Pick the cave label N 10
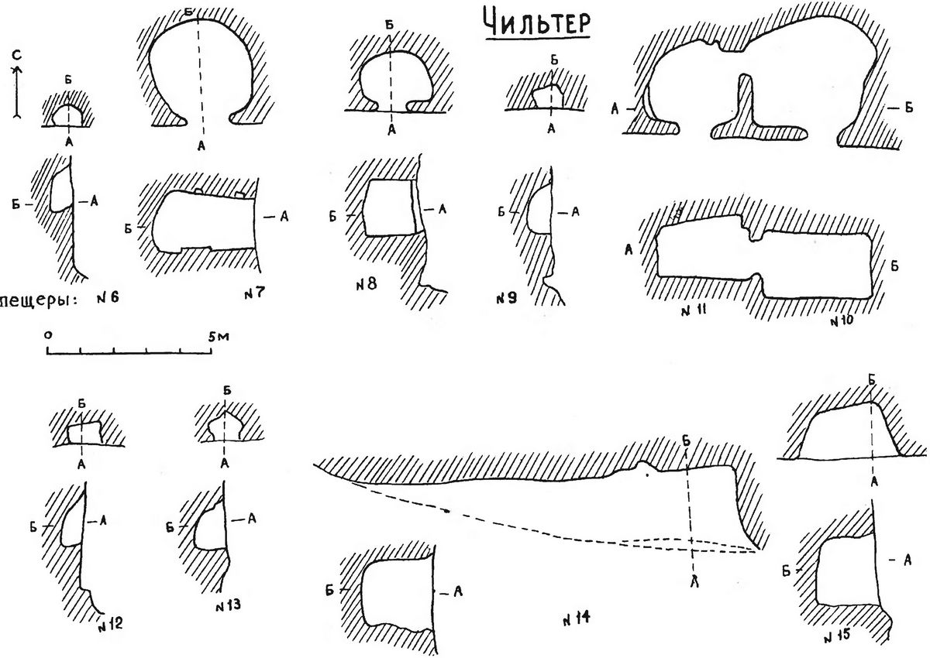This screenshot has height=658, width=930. [x=841, y=320]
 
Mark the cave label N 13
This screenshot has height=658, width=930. [x=226, y=604]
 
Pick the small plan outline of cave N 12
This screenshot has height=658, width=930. [x=84, y=434]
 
